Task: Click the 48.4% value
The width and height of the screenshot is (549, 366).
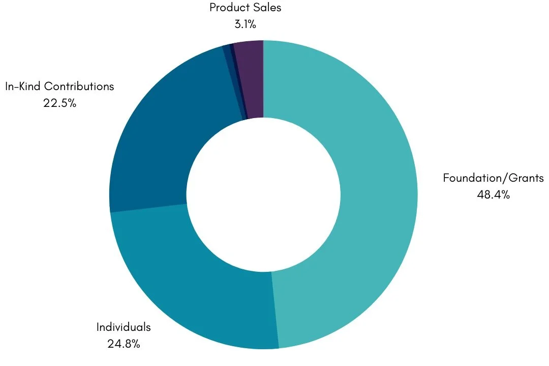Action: click(493, 195)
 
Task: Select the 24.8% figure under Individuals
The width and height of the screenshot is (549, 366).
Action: click(124, 344)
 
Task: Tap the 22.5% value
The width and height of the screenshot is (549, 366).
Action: click(60, 103)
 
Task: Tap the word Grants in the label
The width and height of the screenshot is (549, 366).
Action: click(527, 178)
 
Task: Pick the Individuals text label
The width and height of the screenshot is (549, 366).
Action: click(124, 327)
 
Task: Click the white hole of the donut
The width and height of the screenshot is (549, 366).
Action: click(263, 195)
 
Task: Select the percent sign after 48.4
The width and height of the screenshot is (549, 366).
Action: click(504, 195)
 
